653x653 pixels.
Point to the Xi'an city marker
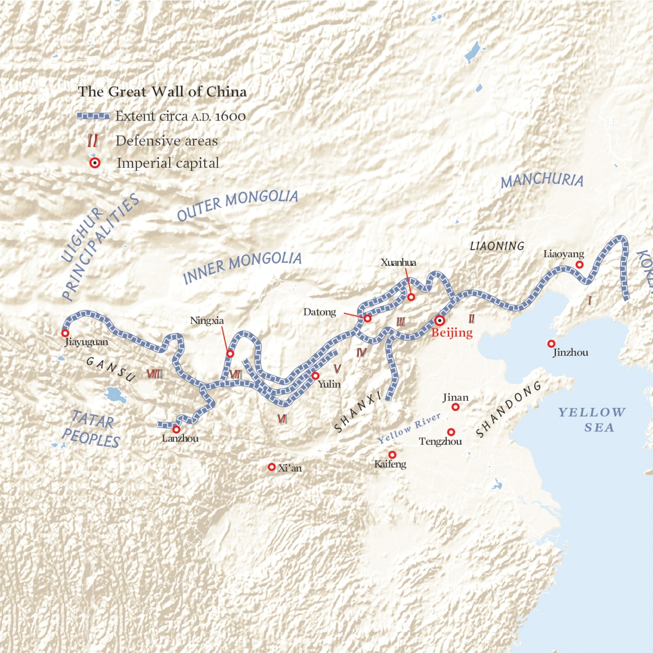click(x=271, y=467)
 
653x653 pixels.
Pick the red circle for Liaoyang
click(x=579, y=264)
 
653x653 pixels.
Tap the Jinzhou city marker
click(x=551, y=344)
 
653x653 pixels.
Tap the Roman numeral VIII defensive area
click(x=155, y=374)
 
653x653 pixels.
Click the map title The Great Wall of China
click(x=162, y=92)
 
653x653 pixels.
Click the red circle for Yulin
click(x=315, y=376)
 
